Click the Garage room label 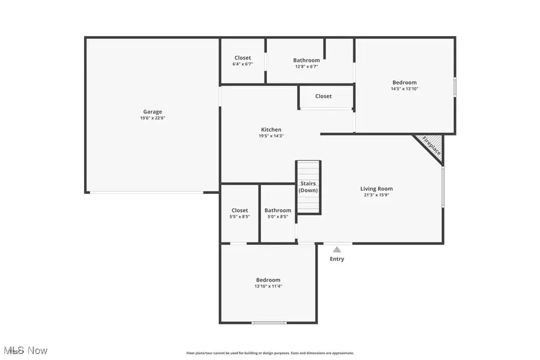coord(152,112)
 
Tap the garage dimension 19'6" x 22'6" coord(152,118)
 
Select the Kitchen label coord(271,130)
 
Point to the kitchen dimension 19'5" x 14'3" coord(271,136)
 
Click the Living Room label coord(377,188)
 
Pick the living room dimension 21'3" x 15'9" coord(377,195)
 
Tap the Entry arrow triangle coord(337,249)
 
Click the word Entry coord(337,259)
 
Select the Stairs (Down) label coord(308,187)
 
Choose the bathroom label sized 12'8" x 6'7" coord(307,60)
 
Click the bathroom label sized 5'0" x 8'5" coord(278,210)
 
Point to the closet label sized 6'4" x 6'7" coord(243,58)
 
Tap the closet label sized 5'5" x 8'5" coord(239,210)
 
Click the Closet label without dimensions coord(323,96)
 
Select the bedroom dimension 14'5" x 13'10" coord(404,89)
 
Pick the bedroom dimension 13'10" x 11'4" coord(268,286)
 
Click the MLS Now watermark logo coord(25,350)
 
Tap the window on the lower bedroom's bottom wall coord(269,323)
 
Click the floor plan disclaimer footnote coord(270,353)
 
